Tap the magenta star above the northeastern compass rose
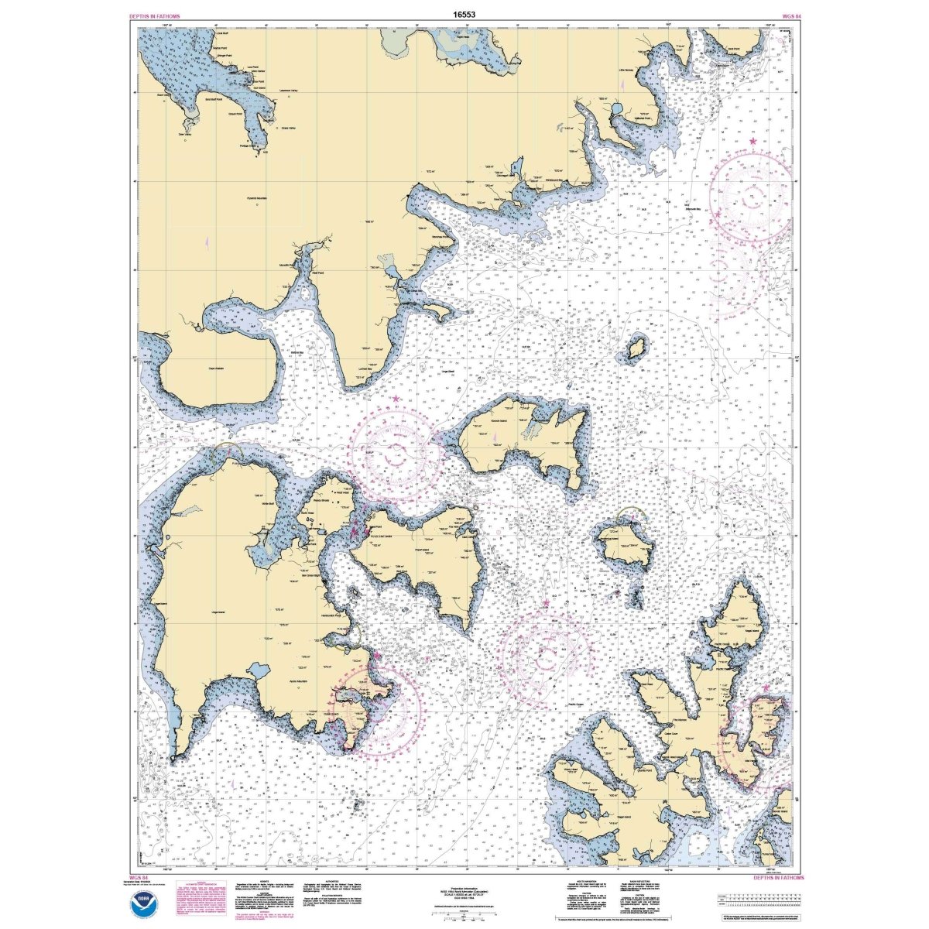(752, 142)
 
